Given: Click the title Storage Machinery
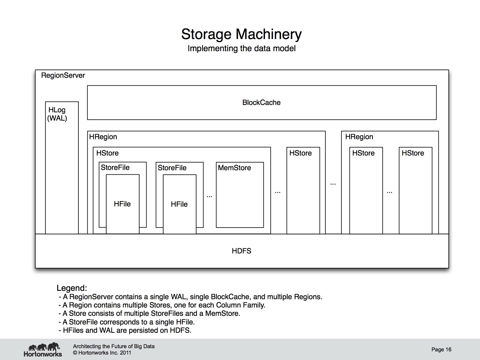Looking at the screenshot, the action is coord(241,35).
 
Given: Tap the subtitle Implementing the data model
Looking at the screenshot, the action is coord(241,49).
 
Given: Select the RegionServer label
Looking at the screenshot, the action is coord(63,76).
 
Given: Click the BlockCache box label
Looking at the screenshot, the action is coord(261,102).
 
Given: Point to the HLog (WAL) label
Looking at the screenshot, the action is coord(57,114).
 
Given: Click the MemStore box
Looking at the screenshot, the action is coord(240,195).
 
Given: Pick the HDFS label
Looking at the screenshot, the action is coord(241,251).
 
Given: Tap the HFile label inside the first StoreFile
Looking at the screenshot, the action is coord(122,204).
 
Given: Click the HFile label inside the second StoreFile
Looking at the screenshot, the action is coord(179,204).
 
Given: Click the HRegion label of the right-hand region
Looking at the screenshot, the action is coord(359,137).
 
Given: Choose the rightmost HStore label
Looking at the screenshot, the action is coord(413,153).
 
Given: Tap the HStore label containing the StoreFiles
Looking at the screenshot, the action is coord(108,153).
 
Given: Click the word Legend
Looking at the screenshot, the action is coord(72,288).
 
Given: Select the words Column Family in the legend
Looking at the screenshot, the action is coord(241,305).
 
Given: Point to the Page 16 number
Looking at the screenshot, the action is coord(441,349).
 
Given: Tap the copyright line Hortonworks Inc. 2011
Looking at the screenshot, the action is coord(102,353).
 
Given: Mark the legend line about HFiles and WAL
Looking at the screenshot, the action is coord(125,330).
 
